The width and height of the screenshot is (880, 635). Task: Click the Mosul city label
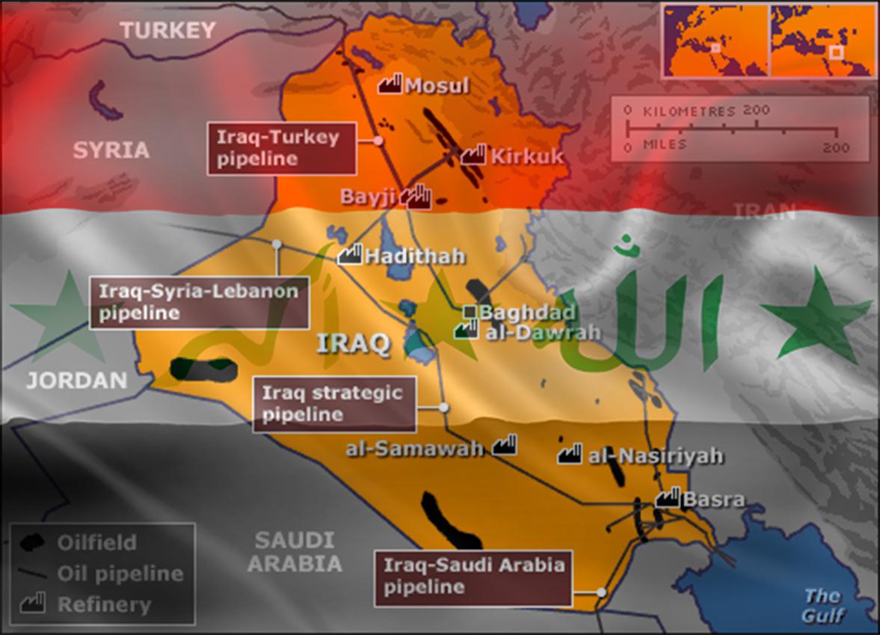pos(437,86)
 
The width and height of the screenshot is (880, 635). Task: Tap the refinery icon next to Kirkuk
pos(473,155)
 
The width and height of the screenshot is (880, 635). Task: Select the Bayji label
pos(368,197)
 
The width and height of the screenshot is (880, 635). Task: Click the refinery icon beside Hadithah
pos(349,255)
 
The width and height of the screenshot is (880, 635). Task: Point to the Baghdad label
pos(527,312)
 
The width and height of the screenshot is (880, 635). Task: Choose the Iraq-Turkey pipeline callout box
pos(281,148)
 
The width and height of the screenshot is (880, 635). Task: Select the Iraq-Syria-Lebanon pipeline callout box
pos(199,302)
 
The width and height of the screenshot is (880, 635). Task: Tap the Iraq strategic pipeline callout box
pos(333,404)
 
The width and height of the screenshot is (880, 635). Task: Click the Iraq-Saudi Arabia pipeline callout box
pos(473,577)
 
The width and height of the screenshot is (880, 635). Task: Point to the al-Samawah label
pos(415,449)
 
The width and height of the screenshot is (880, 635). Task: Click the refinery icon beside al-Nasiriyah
pos(570,453)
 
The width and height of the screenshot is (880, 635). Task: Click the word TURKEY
pos(167,30)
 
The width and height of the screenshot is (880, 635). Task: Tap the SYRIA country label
pos(111,150)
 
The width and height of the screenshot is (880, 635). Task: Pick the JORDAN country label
pos(77,381)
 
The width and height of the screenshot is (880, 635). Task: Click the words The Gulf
pos(822,606)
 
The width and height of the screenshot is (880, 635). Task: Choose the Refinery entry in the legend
pos(104,604)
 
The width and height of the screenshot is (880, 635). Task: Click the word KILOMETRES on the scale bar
pos(689,111)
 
